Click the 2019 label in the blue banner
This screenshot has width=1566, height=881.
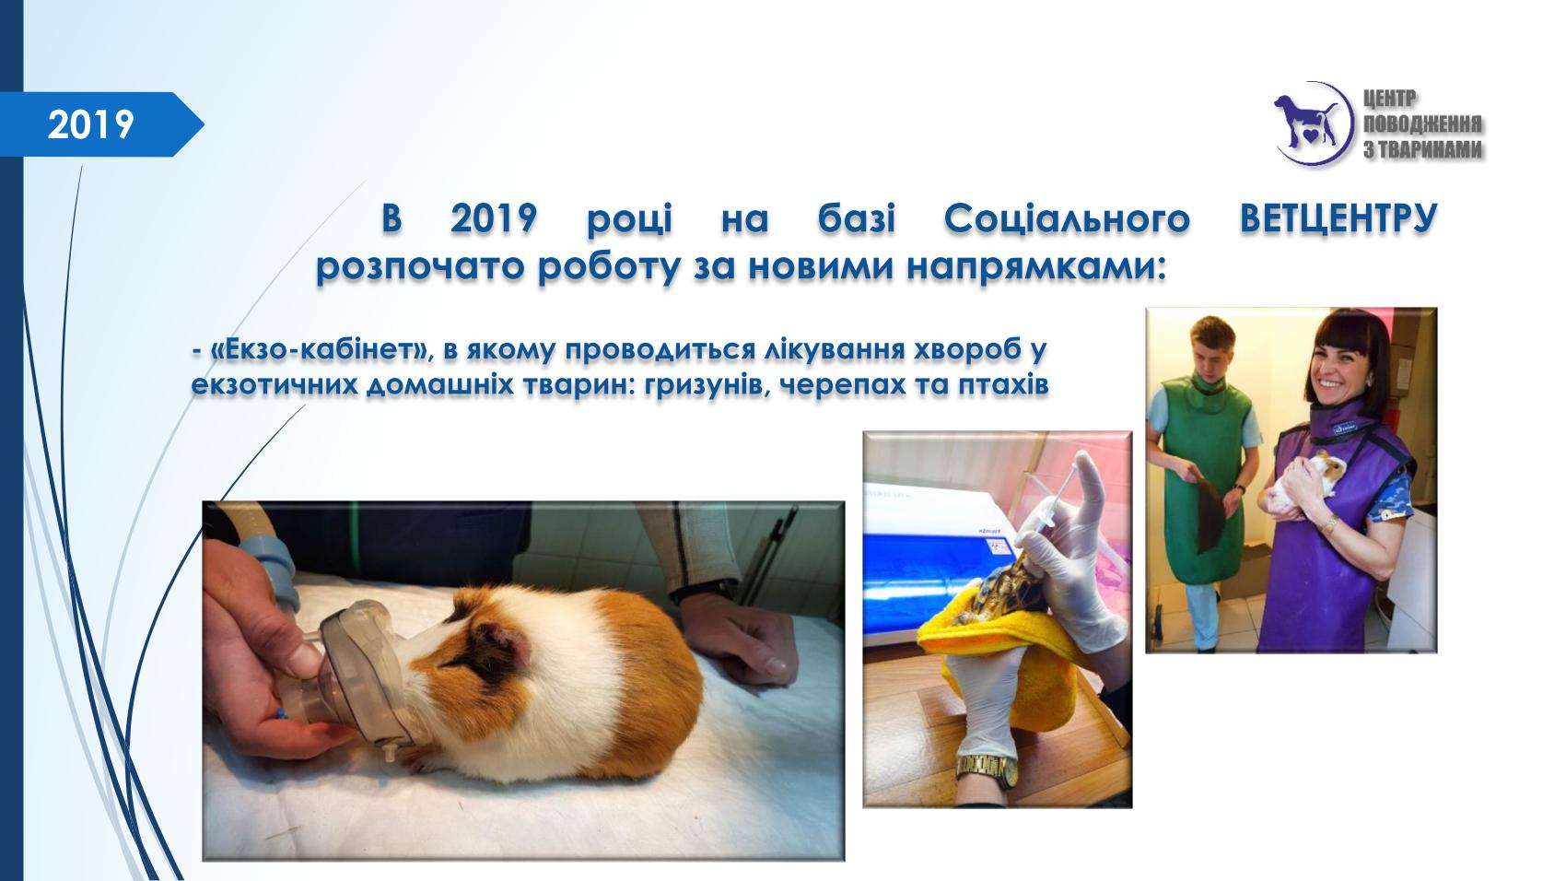tap(90, 125)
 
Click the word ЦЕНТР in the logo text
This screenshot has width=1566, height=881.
tap(1390, 99)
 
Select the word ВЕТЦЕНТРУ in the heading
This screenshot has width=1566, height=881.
tap(1338, 218)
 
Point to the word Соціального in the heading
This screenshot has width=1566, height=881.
tap(1067, 218)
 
